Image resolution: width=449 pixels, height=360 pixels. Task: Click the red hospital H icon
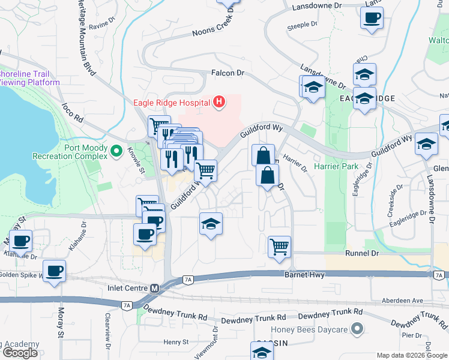219,102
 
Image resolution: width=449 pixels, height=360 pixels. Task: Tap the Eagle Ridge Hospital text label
171,102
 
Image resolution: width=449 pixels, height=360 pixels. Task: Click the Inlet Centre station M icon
154,288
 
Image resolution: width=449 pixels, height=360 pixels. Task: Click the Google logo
20,353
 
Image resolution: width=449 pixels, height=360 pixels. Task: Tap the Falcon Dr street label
228,73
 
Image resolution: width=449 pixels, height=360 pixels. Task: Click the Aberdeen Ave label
403,300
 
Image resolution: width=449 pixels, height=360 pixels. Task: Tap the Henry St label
176,341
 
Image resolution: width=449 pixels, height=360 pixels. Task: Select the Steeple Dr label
302,25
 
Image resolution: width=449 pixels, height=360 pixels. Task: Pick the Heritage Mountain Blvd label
86,36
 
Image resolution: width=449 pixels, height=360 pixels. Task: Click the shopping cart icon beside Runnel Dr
279,246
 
